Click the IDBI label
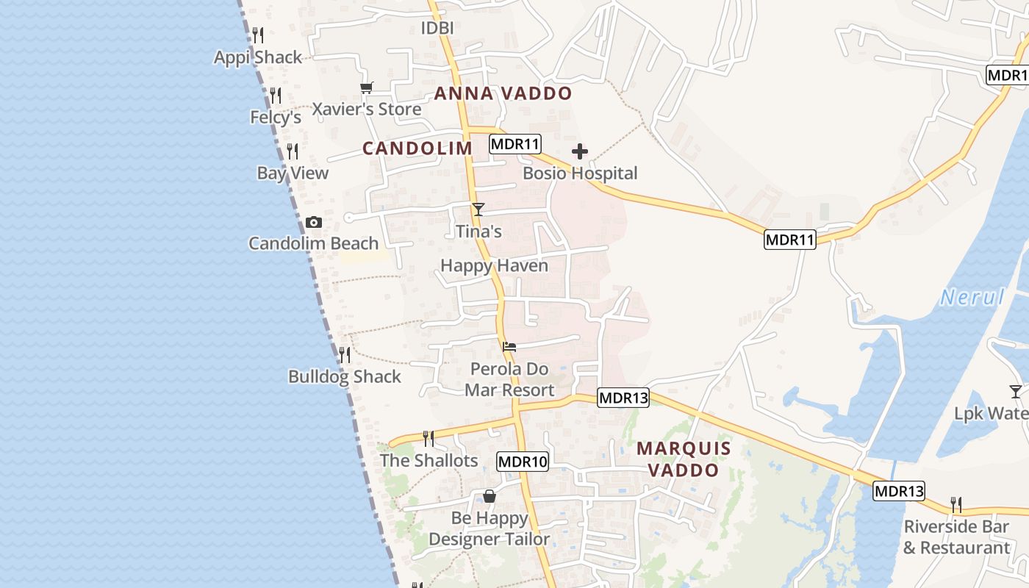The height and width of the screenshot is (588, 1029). coord(437,28)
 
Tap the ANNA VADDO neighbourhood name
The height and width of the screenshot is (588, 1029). coord(503,93)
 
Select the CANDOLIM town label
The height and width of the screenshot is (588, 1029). coord(417,148)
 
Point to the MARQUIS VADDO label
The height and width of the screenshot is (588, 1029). coord(684,459)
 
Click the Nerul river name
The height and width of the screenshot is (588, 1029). coord(972,298)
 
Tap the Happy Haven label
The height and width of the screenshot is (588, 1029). coord(494,265)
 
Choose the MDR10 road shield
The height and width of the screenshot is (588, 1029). coord(523,462)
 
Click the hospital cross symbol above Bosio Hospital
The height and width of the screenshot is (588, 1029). coord(580,152)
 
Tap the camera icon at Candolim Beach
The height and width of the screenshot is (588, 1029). coord(314,222)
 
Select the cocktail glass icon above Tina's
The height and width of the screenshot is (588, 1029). coord(478,209)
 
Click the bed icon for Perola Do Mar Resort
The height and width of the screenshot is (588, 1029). coord(509,347)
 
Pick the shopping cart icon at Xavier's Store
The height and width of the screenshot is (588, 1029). coord(367,88)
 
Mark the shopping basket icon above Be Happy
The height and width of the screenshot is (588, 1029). coord(490,497)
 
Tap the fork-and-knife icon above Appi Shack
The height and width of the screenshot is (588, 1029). coord(258,35)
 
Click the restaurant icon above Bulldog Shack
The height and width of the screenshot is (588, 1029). coord(344,355)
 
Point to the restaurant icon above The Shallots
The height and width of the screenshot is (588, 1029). coord(429,439)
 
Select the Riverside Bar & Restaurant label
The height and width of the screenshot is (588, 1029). coord(956,537)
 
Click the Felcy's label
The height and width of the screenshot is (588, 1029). coord(276,118)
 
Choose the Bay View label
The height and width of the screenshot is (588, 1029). coord(293,173)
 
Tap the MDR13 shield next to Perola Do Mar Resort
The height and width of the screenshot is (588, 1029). coord(623,398)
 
